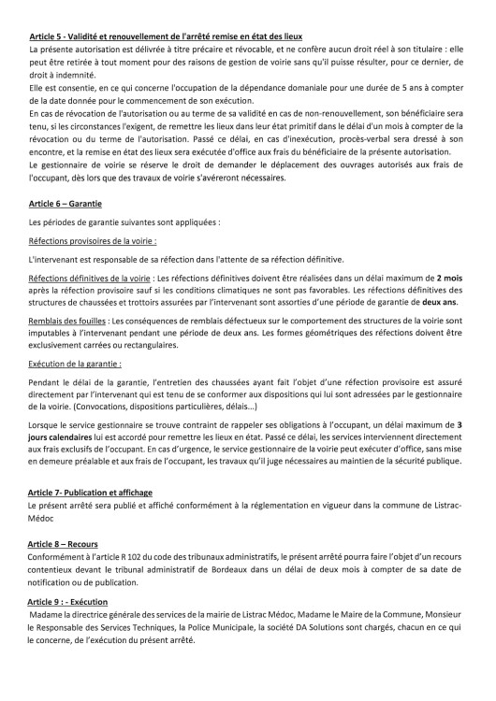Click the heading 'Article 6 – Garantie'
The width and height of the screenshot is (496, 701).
tap(66, 202)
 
